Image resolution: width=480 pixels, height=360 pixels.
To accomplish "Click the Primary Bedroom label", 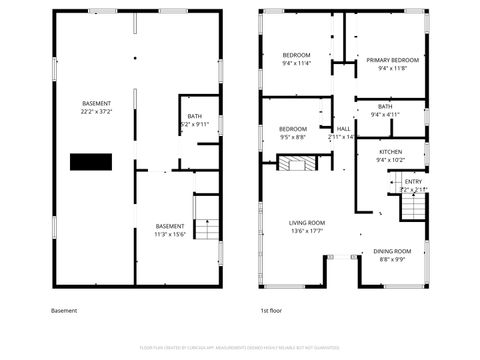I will pos(385,60).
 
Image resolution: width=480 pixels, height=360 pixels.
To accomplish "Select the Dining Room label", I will pos(392,250).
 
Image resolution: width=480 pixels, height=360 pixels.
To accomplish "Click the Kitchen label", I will pos(389,151).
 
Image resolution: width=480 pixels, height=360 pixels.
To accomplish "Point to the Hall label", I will pos(343,129).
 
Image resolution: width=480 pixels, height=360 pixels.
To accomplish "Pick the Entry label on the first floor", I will pos(412,181).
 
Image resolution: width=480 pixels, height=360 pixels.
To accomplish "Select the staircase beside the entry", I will pos(413,208).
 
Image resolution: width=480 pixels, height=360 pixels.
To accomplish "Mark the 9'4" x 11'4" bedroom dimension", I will pos(296,63).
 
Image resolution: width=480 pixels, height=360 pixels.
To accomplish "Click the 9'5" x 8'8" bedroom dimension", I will pos(292,137).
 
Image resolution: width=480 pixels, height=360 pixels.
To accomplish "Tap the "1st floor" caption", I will pos(270,311).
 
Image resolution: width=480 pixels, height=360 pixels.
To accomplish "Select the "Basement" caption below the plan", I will pos(63,311).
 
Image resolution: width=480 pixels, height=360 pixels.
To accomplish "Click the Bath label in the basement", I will pos(194,116).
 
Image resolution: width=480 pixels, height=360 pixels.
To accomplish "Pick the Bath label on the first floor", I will pos(385,106).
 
